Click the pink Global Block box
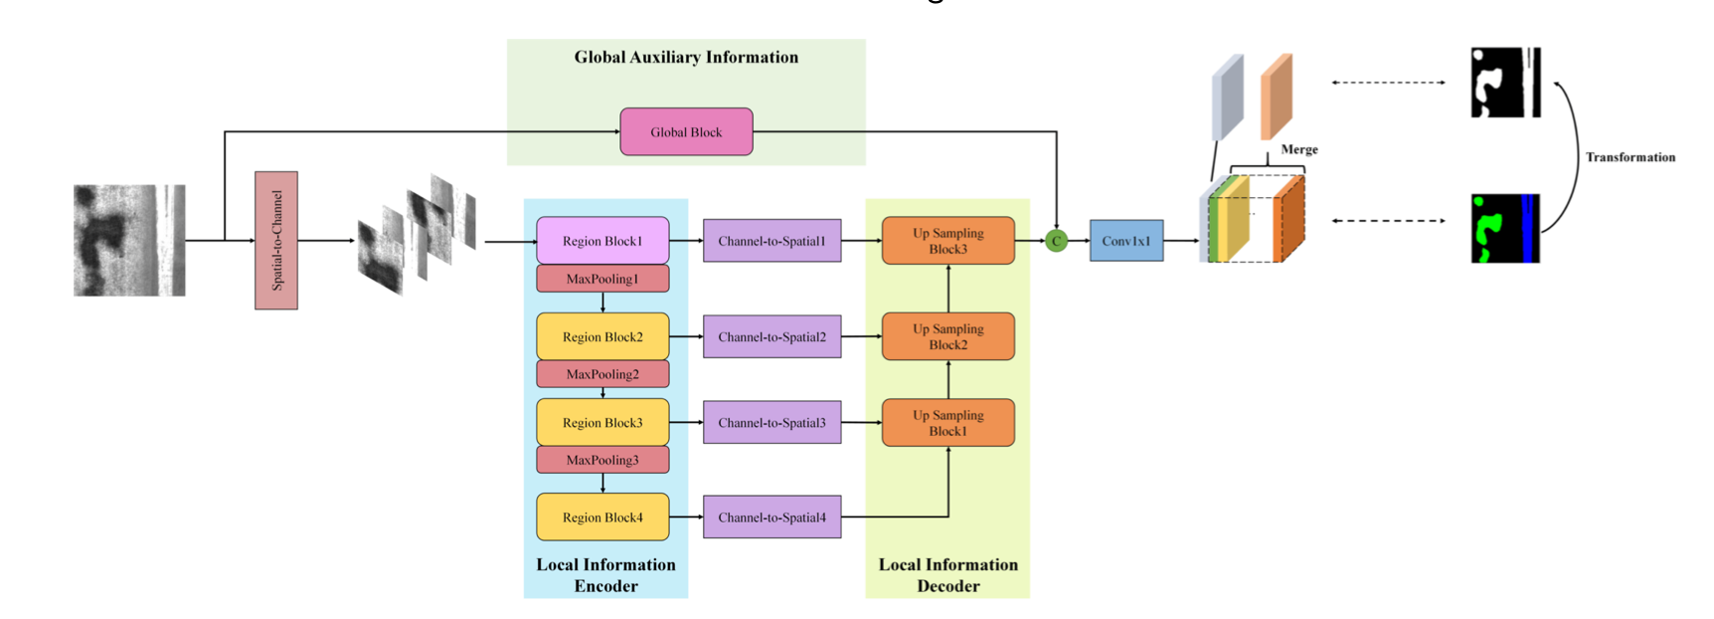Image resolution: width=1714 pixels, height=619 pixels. coord(686,131)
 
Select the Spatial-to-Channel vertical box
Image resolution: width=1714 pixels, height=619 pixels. coord(276,240)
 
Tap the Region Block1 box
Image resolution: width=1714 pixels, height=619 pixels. coord(602,241)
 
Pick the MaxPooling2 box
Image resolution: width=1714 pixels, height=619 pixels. coord(602,374)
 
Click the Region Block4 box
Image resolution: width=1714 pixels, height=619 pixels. coord(602,516)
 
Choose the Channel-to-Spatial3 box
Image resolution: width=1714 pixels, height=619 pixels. coord(771,422)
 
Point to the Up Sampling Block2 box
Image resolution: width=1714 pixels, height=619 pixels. coord(947,336)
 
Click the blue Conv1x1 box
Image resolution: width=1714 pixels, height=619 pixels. coord(1125,241)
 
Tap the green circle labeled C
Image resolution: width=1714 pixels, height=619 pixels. coord(1056,241)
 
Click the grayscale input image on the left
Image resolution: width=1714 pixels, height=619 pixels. coord(129,240)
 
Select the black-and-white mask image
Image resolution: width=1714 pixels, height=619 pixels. coord(1505,83)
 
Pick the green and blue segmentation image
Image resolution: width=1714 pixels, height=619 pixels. coord(1505,228)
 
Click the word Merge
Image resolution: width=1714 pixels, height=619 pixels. coord(1298,149)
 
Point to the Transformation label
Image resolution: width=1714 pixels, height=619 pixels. coord(1629,157)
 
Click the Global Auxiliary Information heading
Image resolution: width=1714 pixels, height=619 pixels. coord(686,57)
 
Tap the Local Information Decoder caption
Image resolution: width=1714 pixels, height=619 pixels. coord(947,575)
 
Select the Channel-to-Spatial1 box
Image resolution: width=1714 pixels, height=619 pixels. coord(771,241)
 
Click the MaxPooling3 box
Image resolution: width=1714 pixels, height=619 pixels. coord(602,460)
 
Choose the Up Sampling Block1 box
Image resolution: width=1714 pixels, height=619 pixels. coord(947,423)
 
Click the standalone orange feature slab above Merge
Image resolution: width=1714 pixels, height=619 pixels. coord(1277,97)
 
